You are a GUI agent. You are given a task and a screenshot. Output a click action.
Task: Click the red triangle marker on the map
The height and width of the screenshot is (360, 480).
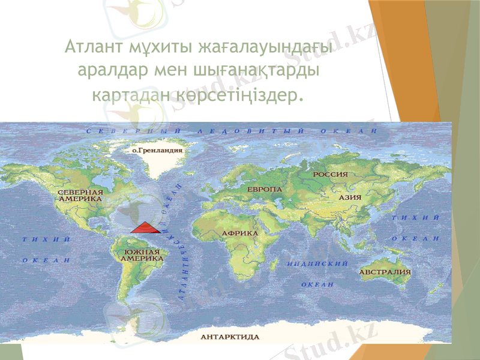coord(145,227)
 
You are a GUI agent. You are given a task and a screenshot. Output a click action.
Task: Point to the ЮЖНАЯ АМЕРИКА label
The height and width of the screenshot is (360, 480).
coord(142,256)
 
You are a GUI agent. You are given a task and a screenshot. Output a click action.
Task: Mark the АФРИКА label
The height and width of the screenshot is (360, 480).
coord(240,232)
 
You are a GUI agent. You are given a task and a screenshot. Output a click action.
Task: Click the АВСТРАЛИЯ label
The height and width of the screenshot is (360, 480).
coord(385,272)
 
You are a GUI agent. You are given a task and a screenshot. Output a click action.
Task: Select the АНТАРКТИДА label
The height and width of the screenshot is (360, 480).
coord(230,336)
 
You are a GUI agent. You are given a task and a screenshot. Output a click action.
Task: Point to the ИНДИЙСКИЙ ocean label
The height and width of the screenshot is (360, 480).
coord(318,263)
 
